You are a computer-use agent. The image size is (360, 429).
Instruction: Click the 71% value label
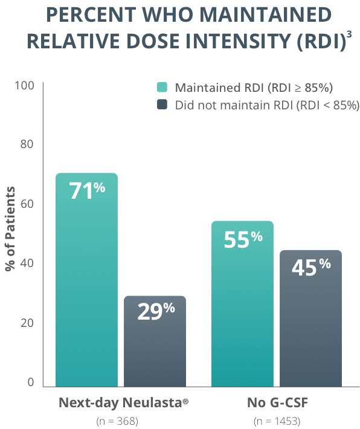[86, 191]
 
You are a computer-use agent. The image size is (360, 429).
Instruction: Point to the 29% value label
[155, 312]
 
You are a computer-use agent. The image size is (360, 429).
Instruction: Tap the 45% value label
[311, 267]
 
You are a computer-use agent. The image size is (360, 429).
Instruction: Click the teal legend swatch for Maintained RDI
[162, 86]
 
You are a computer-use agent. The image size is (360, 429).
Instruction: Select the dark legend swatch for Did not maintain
[162, 105]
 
